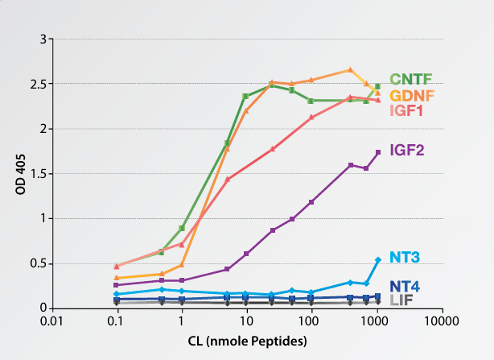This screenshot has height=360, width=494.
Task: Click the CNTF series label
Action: coord(411,79)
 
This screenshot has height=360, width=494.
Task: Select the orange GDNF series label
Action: coord(413,95)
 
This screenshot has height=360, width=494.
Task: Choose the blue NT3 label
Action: coord(407,258)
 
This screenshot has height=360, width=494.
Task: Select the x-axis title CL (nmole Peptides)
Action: coord(245,341)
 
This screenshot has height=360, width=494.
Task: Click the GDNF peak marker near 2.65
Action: coord(350,70)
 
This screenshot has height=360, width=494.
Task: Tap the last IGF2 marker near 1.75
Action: coord(378,152)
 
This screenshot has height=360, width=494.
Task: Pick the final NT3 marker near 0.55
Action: coord(378,259)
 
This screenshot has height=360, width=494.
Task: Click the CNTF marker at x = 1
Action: coord(182,228)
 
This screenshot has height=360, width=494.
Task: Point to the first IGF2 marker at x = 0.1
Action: coord(117,285)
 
